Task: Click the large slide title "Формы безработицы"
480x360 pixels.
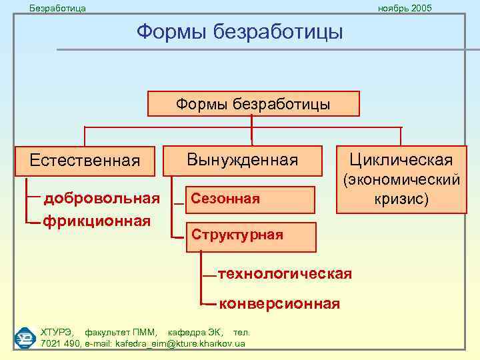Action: (240, 31)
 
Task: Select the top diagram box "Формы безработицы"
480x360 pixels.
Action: (253, 104)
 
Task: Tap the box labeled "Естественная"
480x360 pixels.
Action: (85, 161)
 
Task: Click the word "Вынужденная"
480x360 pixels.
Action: (242, 160)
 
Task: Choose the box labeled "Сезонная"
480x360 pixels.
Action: (249, 199)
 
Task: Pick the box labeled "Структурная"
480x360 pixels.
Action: (249, 235)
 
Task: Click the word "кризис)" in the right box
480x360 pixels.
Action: (401, 199)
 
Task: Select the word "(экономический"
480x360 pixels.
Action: (401, 180)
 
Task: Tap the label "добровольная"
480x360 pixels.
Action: (101, 198)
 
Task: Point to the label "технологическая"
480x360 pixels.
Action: (285, 274)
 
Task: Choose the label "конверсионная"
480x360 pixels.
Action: (279, 304)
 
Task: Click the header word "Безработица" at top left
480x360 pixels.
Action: (58, 8)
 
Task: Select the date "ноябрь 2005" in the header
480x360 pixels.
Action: (405, 8)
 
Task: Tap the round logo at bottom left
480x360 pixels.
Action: (25, 337)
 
